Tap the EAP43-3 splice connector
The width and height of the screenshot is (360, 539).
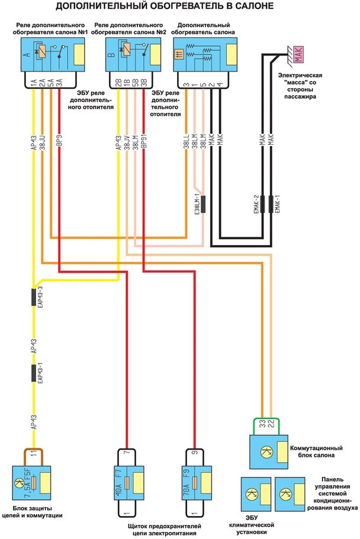[x=34, y=298]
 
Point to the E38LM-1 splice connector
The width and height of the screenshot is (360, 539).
[x=202, y=204]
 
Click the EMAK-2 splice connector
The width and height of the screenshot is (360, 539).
[x=262, y=204]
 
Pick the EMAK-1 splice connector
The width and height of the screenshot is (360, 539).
[x=272, y=204]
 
